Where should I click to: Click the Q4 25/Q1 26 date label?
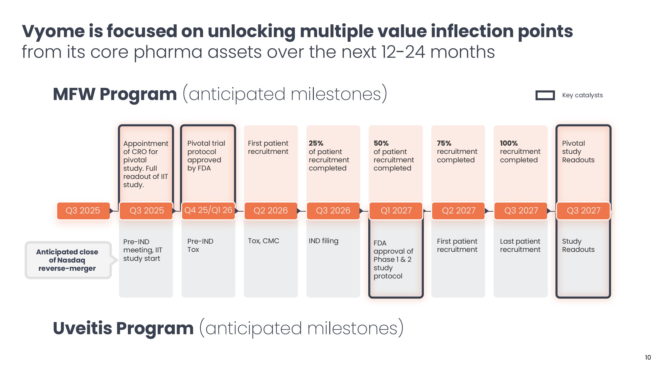point(208,210)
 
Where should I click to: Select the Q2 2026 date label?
point(271,211)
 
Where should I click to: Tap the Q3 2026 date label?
point(333,211)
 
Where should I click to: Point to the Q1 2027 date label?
point(396,211)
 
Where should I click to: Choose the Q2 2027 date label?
point(458,211)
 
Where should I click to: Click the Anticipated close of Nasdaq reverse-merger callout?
point(67,260)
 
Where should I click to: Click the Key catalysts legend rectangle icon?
point(545,95)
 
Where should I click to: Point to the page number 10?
point(648,357)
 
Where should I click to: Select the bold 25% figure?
point(316,143)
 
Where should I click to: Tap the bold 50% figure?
point(381,143)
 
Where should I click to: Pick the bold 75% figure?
point(444,143)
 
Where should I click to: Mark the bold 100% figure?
point(509,143)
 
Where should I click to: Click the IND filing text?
point(323,241)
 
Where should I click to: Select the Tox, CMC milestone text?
point(263,241)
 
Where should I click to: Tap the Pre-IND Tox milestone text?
point(200,245)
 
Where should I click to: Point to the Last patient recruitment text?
point(520,245)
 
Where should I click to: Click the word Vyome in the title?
point(53,31)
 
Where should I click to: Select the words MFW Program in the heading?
point(115,94)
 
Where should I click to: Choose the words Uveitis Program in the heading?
point(123,328)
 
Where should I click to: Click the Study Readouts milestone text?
point(578,245)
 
